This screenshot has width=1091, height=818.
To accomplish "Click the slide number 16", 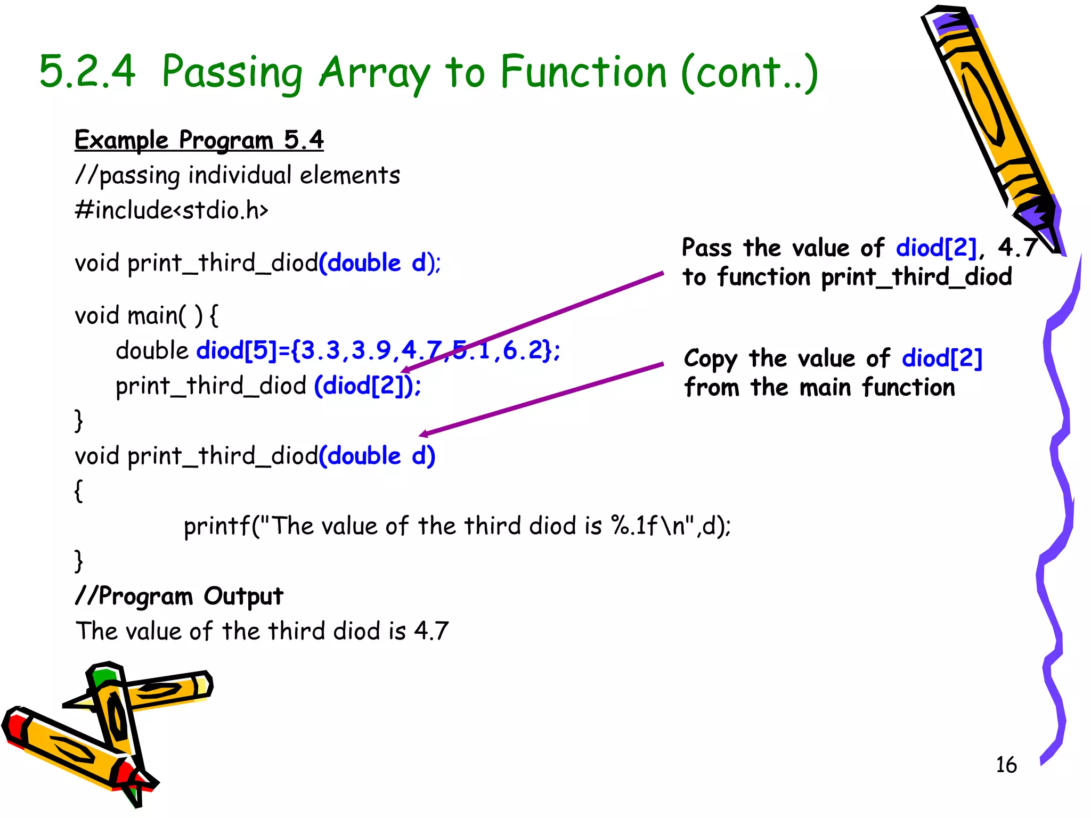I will (1006, 765).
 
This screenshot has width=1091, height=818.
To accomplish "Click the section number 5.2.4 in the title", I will (87, 71).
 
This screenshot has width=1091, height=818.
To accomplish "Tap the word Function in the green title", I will (583, 71).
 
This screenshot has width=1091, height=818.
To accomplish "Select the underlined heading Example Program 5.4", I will (199, 140).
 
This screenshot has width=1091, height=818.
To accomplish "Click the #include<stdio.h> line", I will (172, 210).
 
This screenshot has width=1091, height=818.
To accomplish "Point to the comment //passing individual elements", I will (238, 175).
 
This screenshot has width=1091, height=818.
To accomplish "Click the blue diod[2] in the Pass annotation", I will (936, 248).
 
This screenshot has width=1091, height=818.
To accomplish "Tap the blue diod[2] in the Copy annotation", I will (942, 358).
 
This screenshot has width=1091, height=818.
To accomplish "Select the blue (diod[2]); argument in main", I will (368, 386).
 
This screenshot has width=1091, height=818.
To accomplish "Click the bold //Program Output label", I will (179, 596).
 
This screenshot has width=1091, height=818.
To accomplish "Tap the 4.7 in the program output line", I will (431, 631).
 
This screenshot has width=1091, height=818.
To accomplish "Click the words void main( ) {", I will (146, 315).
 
